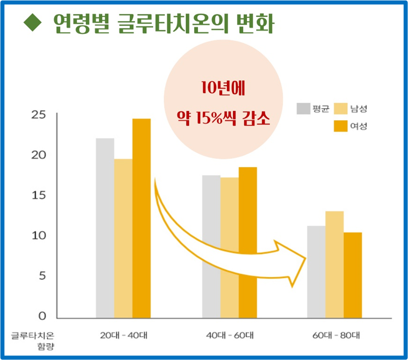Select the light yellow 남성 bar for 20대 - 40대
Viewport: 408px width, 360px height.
click(x=123, y=238)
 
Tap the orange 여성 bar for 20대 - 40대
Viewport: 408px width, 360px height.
click(x=141, y=218)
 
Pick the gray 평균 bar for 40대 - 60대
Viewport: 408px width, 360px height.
click(x=211, y=246)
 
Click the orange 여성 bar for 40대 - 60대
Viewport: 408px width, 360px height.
click(x=247, y=242)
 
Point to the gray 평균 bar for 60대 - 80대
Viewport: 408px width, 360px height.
click(x=317, y=272)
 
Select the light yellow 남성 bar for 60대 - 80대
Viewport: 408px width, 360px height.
click(x=334, y=264)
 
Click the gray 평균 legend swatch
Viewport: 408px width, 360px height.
click(x=304, y=109)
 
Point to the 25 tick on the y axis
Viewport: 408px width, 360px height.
click(x=39, y=114)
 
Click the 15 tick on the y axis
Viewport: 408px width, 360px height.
click(x=39, y=195)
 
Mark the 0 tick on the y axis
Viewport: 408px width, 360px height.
click(x=42, y=316)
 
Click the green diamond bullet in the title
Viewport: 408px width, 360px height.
click(x=33, y=23)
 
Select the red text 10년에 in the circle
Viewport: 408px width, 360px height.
click(x=223, y=88)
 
